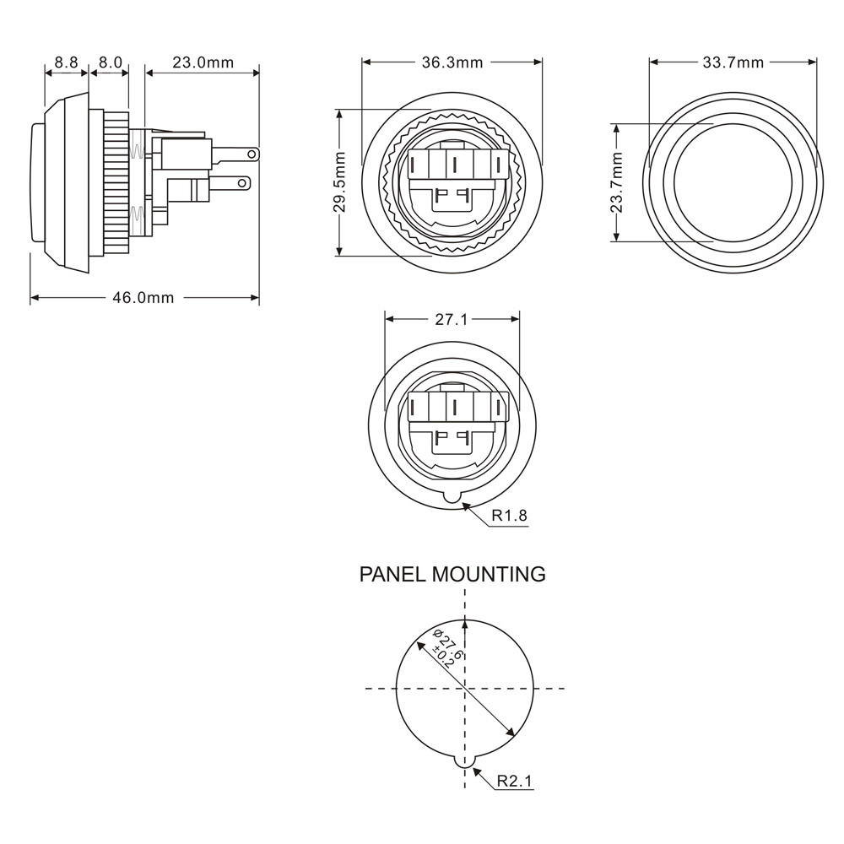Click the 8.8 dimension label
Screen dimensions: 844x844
[66, 62]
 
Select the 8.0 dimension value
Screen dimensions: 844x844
[110, 62]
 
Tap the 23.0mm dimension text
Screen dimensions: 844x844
[203, 62]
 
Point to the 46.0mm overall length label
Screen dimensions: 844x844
[143, 297]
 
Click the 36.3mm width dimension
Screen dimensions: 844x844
[452, 62]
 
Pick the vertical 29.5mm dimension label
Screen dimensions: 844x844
[339, 181]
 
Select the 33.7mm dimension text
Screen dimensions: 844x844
[733, 62]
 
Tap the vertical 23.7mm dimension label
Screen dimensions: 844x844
[617, 182]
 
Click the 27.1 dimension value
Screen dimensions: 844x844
[452, 320]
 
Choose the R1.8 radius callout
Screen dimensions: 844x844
[510, 515]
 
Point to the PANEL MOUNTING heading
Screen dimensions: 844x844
[452, 575]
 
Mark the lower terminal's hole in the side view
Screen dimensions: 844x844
[244, 181]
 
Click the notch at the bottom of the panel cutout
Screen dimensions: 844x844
[463, 760]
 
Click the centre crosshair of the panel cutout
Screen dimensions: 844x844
[463, 689]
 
